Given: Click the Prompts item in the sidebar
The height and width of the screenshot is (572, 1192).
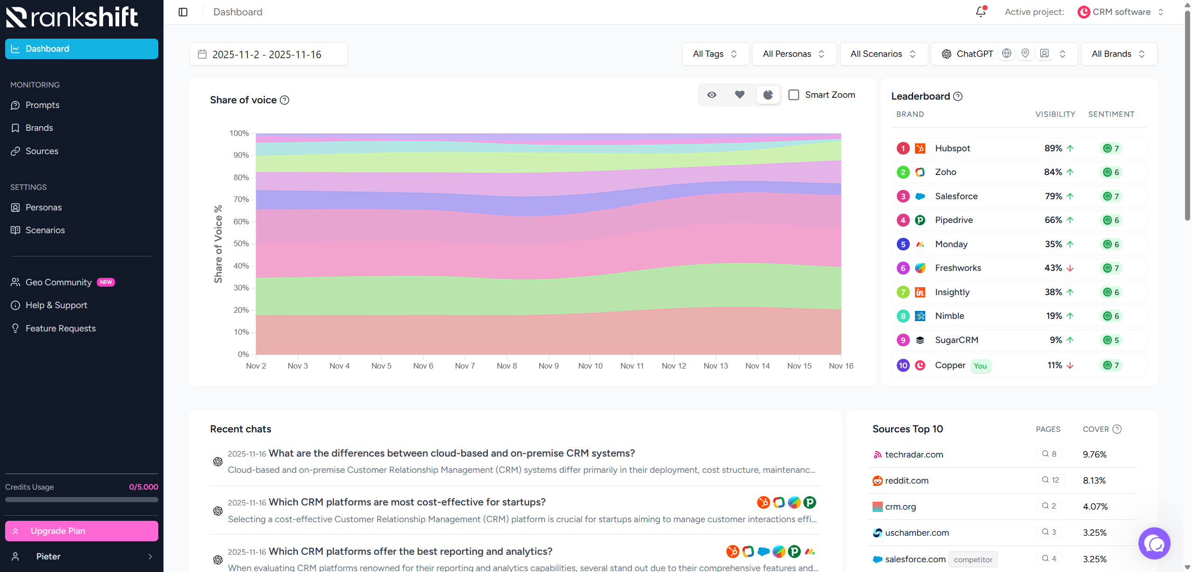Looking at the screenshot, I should coord(42,105).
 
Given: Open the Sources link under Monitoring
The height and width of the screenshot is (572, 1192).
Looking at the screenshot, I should coord(41,151).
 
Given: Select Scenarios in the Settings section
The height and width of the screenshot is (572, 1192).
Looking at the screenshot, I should coord(45,230).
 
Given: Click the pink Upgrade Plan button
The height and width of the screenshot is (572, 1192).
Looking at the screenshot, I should coord(81,531).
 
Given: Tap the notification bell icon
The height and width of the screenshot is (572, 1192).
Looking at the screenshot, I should coord(981,12).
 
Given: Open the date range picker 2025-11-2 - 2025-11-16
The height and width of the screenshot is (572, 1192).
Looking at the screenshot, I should coord(268,54).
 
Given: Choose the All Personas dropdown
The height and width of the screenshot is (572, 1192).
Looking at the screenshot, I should coord(793,54).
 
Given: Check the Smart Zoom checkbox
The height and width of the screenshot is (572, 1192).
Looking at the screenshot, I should coord(794,95).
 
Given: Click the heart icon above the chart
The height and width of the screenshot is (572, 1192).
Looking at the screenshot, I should coord(739,95).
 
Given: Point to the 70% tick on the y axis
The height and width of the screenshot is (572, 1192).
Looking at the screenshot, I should coord(241,199).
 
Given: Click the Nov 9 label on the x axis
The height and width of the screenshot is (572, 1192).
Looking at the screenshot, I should coord(549,366).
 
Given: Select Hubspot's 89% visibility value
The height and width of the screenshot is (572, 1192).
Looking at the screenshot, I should coord(1053,148).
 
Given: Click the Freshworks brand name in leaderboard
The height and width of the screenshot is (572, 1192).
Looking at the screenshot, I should coord(958,268).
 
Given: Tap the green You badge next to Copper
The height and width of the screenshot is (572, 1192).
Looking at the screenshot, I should coord(980,366).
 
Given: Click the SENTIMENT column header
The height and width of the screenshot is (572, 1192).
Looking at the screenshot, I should coord(1111,114).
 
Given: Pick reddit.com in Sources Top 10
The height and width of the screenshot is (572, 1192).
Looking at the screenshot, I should coord(906,480).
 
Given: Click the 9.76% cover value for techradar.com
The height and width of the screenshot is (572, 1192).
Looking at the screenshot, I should coord(1094,454).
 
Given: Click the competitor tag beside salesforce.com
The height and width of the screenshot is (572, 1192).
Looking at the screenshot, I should coord(973,559).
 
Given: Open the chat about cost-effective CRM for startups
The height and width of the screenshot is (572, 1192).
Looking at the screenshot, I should coord(407,502).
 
